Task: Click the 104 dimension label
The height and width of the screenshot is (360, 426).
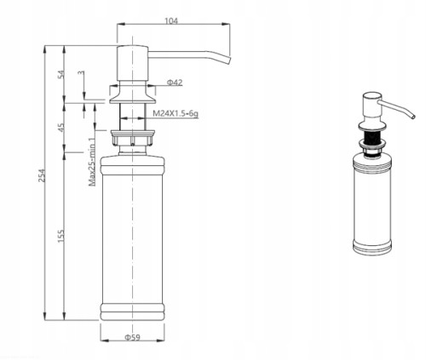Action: click(x=171, y=20)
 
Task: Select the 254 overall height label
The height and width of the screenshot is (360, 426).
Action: click(x=42, y=175)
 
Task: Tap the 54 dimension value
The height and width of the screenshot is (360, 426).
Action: click(x=61, y=74)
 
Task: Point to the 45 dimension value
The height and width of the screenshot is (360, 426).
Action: click(x=61, y=127)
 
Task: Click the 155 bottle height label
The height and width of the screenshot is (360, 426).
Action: click(x=61, y=236)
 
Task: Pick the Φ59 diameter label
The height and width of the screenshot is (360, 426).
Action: click(x=132, y=337)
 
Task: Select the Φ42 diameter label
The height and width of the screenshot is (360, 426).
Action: click(x=175, y=83)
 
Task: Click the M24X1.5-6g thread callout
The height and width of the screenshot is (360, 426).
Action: click(x=176, y=114)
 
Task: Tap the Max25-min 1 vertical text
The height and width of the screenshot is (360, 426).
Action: click(x=92, y=162)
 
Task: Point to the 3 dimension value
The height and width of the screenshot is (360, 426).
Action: click(x=82, y=72)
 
